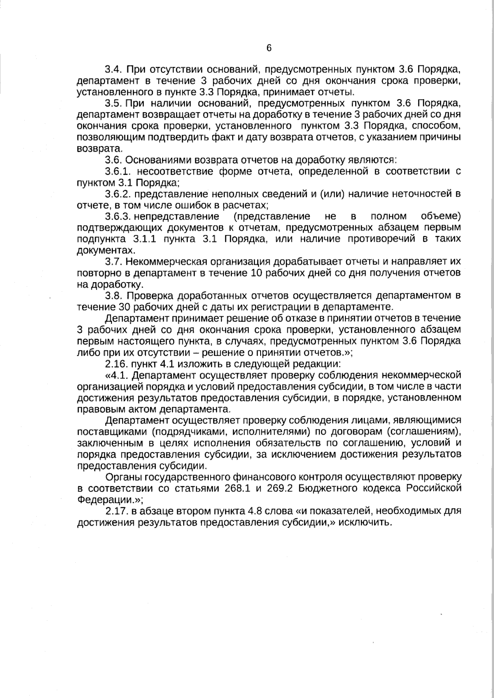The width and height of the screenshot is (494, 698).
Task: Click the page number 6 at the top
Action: click(x=269, y=48)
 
